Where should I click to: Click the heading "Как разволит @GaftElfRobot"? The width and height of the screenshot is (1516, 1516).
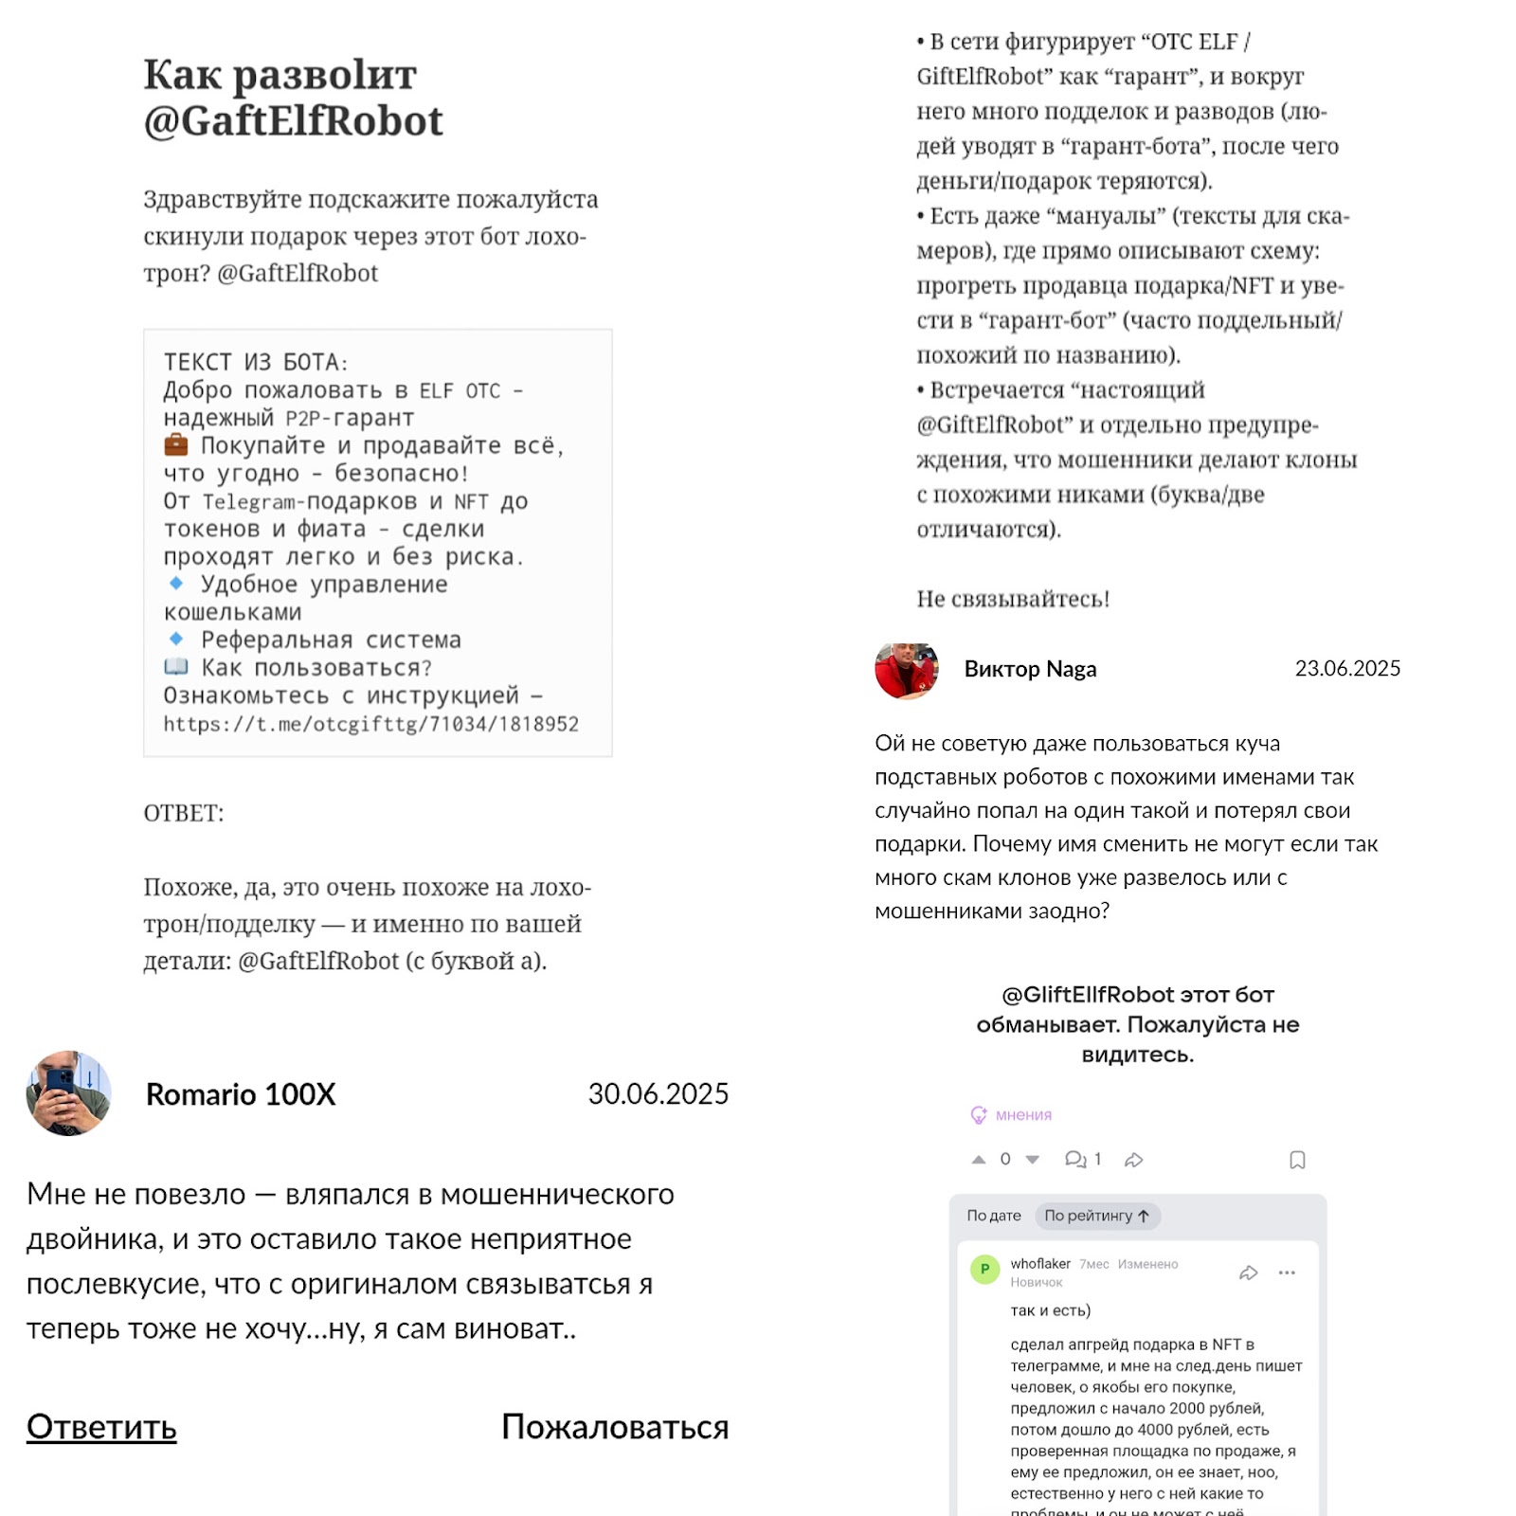tap(293, 98)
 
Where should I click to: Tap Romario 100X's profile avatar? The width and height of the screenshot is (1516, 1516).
tap(68, 1093)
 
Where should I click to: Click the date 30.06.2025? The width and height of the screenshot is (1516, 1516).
tap(658, 1094)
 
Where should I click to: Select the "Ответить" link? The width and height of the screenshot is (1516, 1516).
tap(101, 1426)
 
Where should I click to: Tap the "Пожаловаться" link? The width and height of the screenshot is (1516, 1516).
tap(614, 1426)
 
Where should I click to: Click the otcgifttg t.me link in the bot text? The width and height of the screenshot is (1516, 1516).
tap(370, 724)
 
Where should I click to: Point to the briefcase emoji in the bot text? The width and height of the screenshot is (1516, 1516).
tap(176, 444)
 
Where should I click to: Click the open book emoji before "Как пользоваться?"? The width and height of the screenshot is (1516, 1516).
tap(176, 667)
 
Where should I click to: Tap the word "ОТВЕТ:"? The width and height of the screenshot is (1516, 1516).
tap(184, 813)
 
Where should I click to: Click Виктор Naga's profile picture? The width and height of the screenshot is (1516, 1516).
tap(906, 669)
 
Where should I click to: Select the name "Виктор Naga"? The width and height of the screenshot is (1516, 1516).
tap(1030, 669)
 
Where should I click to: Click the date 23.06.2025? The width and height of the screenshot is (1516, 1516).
tap(1346, 669)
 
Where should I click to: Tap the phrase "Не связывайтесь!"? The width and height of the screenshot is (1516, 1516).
tap(1012, 599)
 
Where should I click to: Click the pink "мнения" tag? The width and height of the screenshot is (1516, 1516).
tap(1022, 1115)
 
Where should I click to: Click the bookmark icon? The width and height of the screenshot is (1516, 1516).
tap(1297, 1160)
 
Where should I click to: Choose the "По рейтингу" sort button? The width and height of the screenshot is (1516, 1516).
tap(1096, 1216)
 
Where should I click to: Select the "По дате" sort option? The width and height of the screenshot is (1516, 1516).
tap(993, 1216)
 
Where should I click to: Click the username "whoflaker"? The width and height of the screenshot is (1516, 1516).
tap(1039, 1264)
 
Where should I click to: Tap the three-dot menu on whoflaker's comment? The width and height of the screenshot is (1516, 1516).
tap(1286, 1272)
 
